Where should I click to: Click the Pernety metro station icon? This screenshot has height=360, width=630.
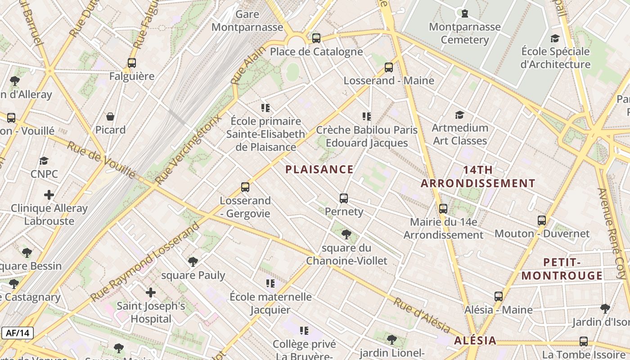(344, 198)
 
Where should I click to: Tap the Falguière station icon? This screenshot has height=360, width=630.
(131, 63)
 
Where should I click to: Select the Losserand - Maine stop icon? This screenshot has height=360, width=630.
(389, 67)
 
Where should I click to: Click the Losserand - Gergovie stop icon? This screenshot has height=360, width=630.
(245, 187)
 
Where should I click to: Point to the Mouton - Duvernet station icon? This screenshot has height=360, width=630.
(542, 220)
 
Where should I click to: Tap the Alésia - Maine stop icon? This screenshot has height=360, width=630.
(498, 297)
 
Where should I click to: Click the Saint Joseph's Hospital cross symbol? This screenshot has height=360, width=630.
(151, 293)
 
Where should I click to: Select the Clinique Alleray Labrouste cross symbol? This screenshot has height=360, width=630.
(49, 195)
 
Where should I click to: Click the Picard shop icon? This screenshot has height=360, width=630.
(110, 117)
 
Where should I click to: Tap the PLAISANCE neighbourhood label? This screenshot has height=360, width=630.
(319, 170)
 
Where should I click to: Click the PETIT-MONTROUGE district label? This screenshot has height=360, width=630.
(562, 269)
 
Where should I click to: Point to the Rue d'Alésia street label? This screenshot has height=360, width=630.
(422, 315)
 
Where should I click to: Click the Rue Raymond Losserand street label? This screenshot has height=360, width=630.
(145, 263)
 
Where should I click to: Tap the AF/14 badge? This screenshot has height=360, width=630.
(18, 333)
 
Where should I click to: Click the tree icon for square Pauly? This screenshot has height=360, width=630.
(193, 261)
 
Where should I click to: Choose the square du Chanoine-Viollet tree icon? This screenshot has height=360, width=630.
(346, 234)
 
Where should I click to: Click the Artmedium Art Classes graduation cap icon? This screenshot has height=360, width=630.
(459, 115)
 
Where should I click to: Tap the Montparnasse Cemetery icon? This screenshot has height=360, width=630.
(464, 13)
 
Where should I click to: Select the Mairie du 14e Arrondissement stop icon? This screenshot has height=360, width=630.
(443, 208)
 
